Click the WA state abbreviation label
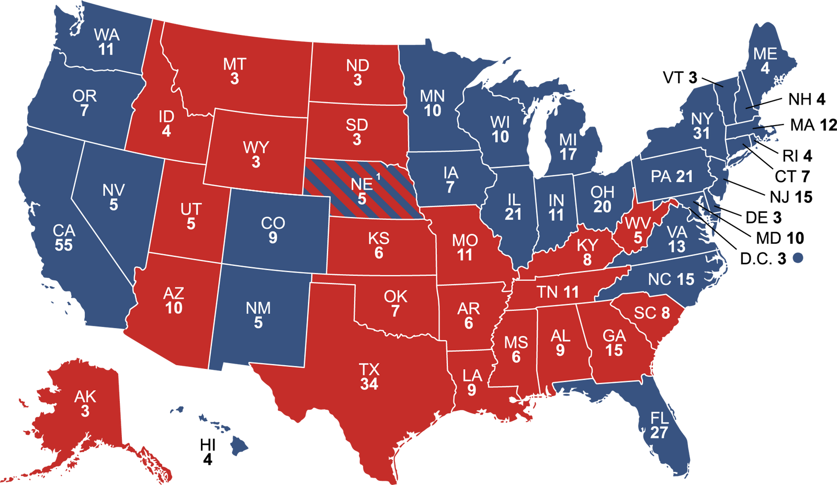(107, 35)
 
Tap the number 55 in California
(64, 245)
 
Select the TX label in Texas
(369, 370)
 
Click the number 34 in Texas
(369, 384)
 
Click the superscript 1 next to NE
(378, 177)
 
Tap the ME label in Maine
(765, 54)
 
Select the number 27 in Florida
(659, 432)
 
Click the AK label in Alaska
(85, 397)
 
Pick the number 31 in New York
(702, 133)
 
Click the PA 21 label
(672, 176)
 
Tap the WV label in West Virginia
(638, 223)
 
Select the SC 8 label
(652, 313)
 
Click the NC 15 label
(671, 279)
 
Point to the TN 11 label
(558, 292)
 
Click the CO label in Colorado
(273, 223)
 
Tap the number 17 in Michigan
(568, 154)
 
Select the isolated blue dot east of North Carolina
(798, 257)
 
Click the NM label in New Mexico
(258, 308)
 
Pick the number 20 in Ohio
(602, 207)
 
